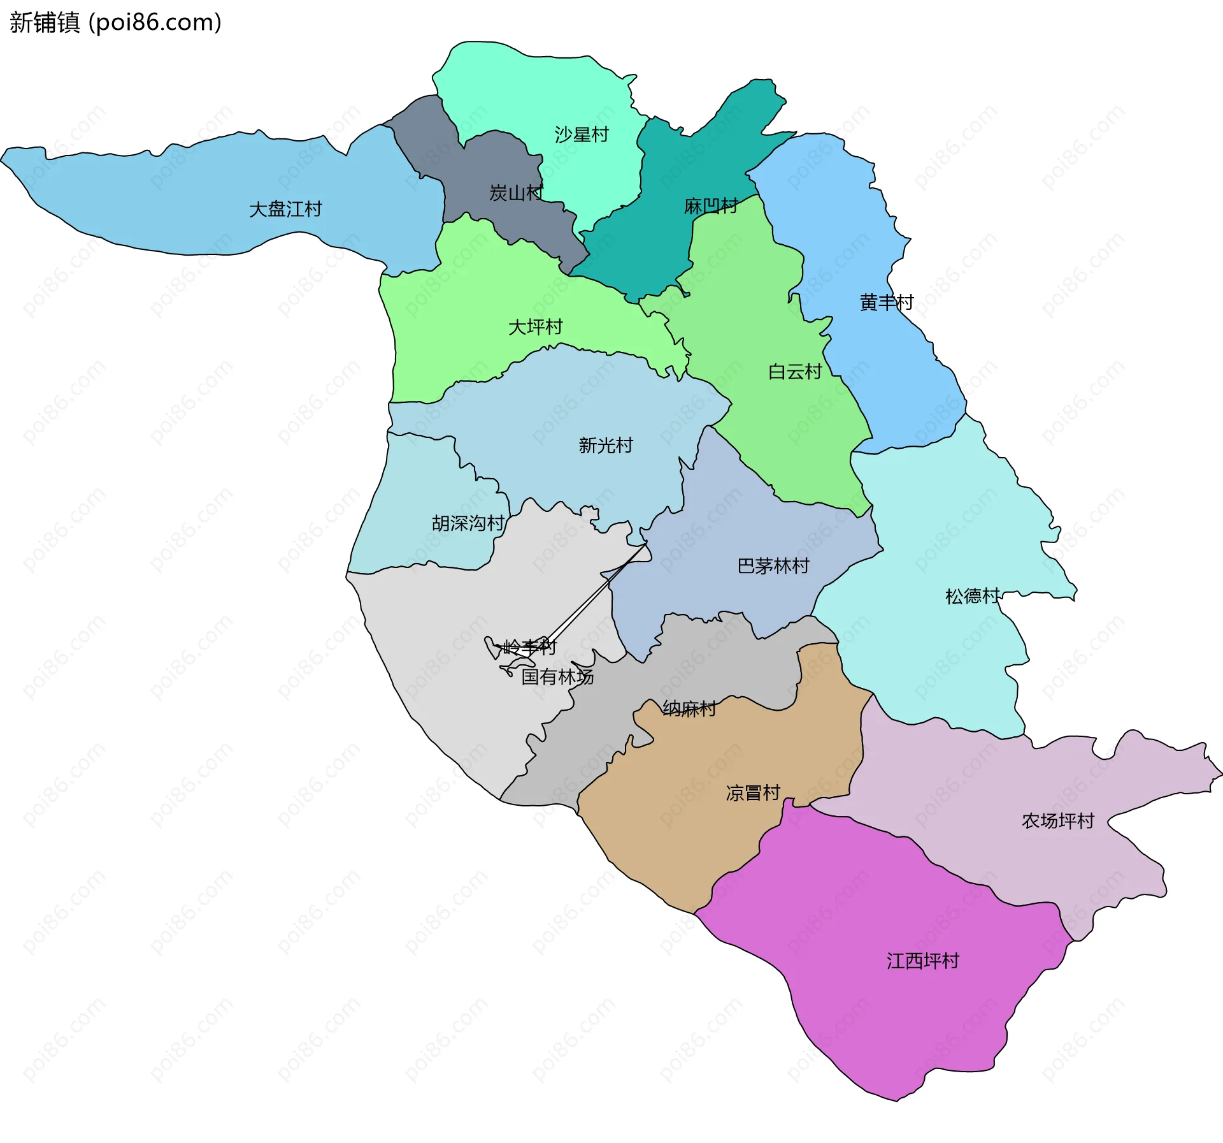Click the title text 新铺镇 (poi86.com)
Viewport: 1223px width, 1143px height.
(115, 22)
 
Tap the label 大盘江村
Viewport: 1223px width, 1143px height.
(285, 209)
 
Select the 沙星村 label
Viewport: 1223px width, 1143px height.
(582, 135)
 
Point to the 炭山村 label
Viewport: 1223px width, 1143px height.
(516, 193)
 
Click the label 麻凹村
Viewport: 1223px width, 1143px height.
(710, 206)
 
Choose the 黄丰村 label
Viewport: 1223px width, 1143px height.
(887, 302)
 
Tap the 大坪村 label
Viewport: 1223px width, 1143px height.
(535, 327)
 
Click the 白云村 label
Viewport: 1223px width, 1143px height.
(795, 372)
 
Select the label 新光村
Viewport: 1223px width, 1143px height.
(606, 445)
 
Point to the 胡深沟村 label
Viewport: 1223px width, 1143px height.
(468, 523)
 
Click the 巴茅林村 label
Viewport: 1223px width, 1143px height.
(773, 565)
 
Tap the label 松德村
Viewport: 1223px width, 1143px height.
(972, 596)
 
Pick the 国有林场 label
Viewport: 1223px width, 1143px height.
(557, 677)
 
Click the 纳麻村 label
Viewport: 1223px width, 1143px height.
(689, 708)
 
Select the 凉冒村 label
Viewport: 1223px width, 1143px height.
(753, 793)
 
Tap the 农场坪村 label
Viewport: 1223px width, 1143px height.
(1058, 820)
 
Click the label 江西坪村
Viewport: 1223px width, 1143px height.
(923, 961)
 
